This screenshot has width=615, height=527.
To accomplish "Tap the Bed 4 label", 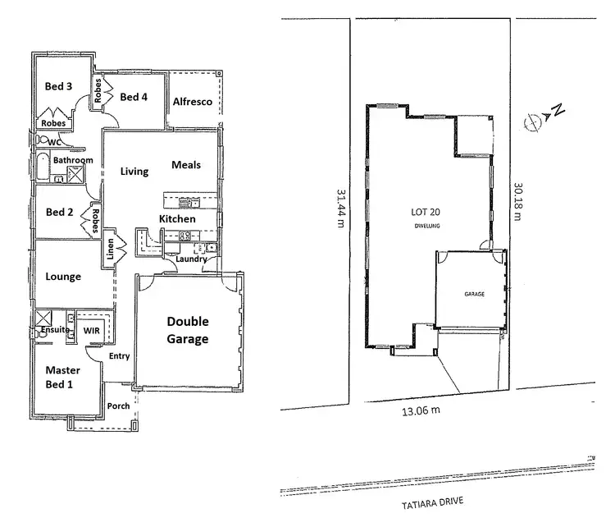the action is click(x=134, y=97).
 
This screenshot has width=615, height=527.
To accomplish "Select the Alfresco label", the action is click(x=193, y=101).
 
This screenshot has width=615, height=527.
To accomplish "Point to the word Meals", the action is click(x=186, y=165).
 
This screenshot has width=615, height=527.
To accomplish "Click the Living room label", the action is click(x=134, y=172).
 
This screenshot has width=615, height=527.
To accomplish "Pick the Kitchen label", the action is click(x=177, y=219).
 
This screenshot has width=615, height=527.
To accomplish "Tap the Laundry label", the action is click(x=190, y=259).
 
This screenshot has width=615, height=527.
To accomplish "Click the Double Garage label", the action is click(x=188, y=330).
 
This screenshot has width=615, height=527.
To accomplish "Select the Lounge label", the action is click(x=63, y=277).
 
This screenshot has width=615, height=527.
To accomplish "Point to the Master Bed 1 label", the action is click(x=63, y=377).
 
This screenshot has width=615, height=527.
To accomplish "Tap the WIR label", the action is click(x=93, y=330).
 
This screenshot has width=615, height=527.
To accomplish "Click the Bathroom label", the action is click(x=73, y=160).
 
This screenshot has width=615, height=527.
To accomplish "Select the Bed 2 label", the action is click(x=60, y=212).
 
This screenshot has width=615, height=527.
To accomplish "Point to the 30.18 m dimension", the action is click(x=518, y=201).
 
